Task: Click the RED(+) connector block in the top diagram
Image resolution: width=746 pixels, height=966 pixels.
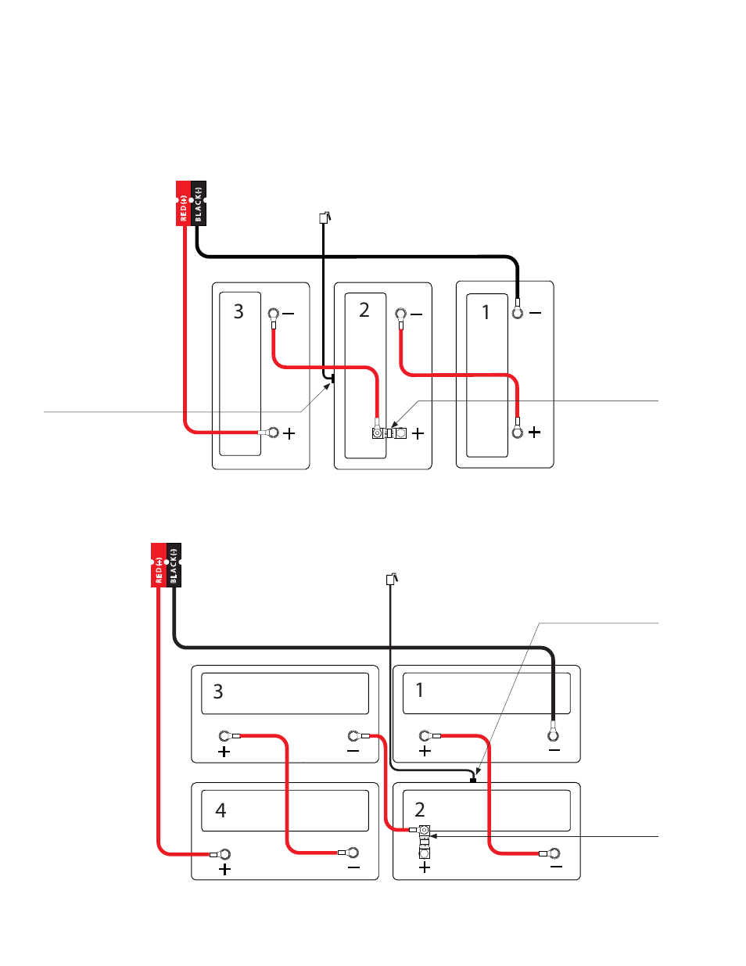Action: (183, 203)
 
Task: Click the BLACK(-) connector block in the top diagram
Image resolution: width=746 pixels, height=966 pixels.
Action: (199, 203)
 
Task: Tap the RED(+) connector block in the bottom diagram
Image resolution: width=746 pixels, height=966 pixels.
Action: (159, 565)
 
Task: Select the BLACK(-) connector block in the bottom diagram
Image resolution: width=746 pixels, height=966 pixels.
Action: (174, 565)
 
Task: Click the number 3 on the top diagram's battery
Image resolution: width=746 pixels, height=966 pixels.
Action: (239, 312)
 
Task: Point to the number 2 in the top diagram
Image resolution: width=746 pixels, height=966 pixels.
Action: (364, 311)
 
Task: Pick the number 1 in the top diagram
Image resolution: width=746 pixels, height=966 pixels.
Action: (486, 313)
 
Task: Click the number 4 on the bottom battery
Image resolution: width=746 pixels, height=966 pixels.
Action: (221, 810)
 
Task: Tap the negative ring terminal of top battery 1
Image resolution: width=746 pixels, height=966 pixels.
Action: (518, 313)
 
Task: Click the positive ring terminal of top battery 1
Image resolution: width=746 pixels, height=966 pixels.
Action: (518, 432)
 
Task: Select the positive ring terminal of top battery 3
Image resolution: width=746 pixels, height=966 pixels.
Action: (273, 432)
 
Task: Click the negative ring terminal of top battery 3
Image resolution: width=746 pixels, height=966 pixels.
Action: (274, 314)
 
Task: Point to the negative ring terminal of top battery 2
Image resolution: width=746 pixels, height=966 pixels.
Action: (401, 314)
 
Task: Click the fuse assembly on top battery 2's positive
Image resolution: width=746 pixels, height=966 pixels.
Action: (389, 433)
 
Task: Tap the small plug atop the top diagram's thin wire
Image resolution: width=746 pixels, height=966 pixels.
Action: (324, 218)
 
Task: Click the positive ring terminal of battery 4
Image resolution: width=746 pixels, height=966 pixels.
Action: (225, 854)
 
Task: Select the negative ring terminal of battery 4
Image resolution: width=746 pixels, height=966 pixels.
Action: (353, 853)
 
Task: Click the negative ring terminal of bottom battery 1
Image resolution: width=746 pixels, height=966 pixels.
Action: (553, 735)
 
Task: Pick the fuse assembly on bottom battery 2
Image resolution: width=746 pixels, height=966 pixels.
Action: (424, 840)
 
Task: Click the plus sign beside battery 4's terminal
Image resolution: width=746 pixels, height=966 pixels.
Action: (225, 870)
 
